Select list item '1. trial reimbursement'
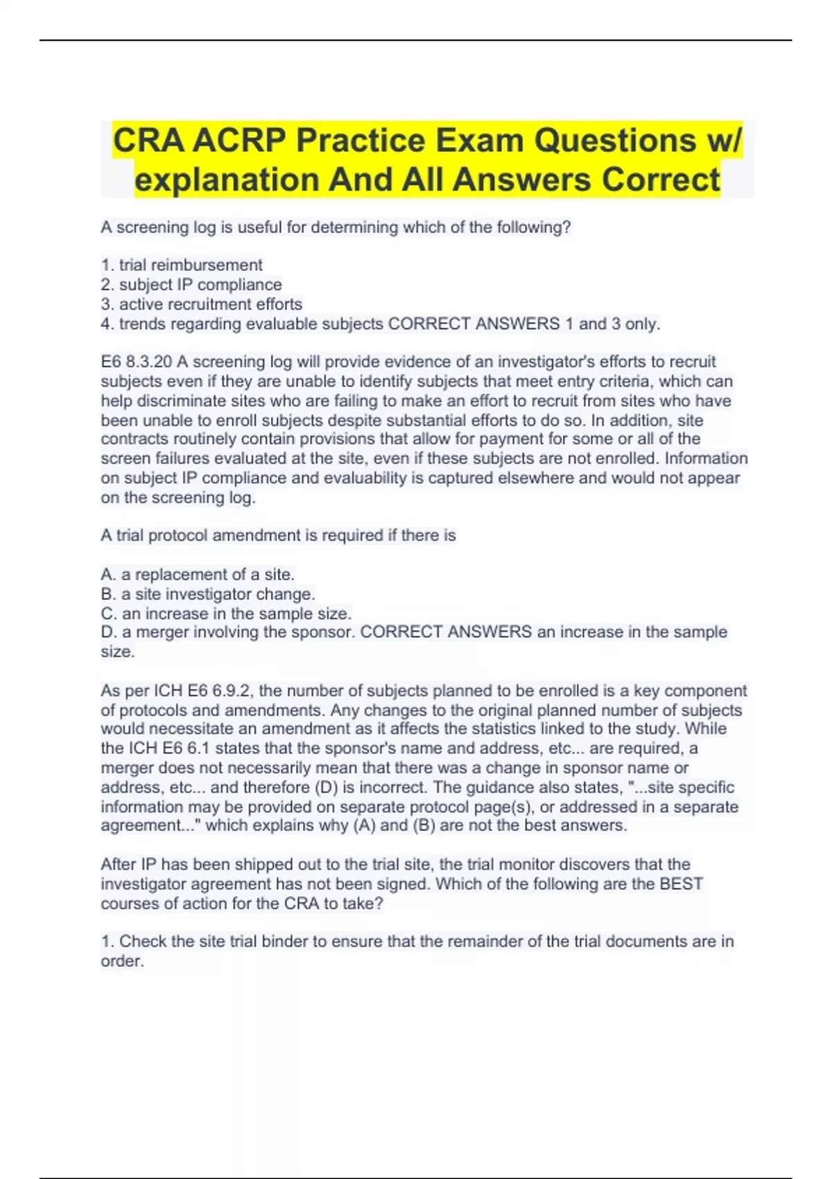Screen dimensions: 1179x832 tap(182, 265)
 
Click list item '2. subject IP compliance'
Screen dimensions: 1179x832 tap(191, 284)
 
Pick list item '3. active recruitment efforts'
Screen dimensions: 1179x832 tap(202, 304)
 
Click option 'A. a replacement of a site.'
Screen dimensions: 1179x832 tap(198, 574)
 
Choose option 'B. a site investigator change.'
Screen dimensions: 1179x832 tap(208, 594)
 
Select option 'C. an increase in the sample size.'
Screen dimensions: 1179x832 tap(226, 613)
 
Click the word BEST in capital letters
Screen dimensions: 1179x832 tap(681, 884)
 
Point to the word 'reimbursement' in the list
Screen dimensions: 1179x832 tap(207, 265)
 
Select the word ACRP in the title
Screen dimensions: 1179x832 tap(239, 141)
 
